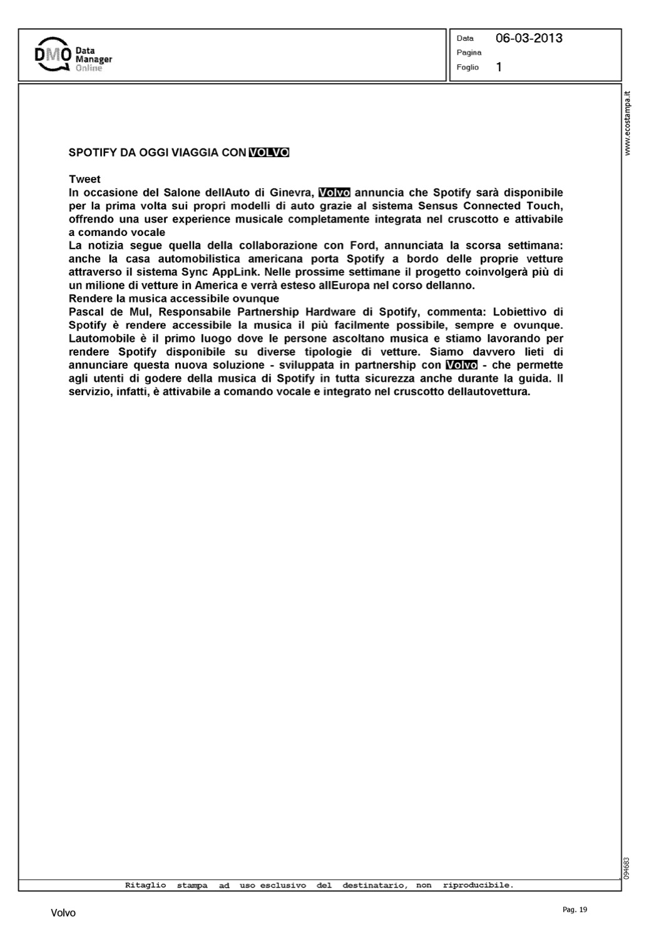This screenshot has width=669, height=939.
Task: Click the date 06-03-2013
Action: pyautogui.click(x=529, y=38)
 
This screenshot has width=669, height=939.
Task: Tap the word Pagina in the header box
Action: pyautogui.click(x=469, y=53)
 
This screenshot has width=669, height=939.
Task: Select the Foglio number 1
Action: pyautogui.click(x=499, y=67)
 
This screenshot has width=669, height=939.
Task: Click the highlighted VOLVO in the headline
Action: pyautogui.click(x=269, y=152)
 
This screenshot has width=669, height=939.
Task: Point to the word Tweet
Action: pyautogui.click(x=84, y=179)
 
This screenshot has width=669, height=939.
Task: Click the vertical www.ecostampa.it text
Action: pyautogui.click(x=628, y=123)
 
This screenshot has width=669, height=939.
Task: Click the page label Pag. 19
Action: pyautogui.click(x=575, y=910)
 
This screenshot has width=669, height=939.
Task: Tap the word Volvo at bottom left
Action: pyautogui.click(x=63, y=913)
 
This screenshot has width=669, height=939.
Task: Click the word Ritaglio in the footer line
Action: pyautogui.click(x=145, y=885)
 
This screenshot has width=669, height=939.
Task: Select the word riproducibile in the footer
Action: pyautogui.click(x=477, y=885)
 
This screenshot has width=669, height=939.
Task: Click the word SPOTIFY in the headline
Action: pyautogui.click(x=90, y=152)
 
